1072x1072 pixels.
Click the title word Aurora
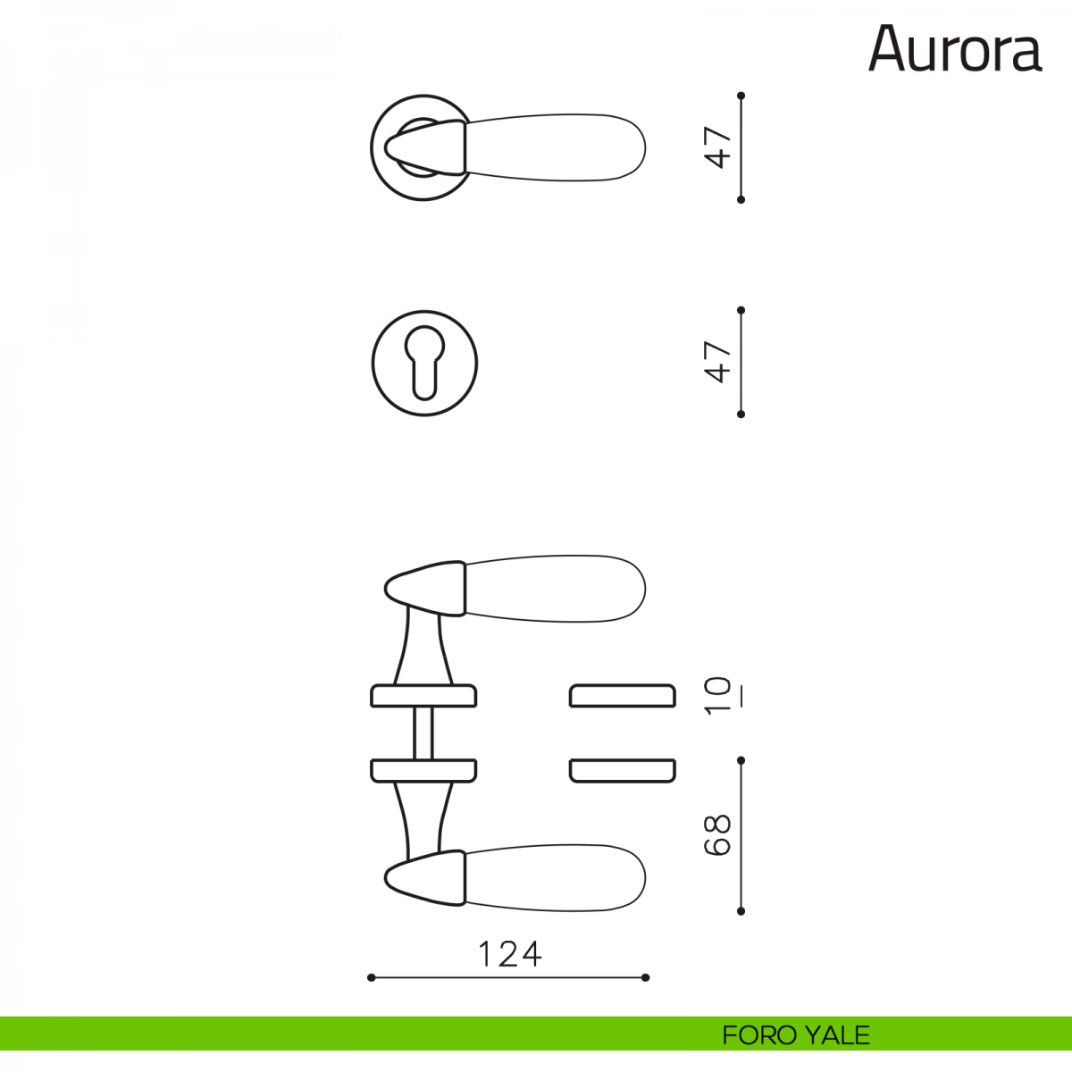(955, 49)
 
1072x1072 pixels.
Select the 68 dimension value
(717, 835)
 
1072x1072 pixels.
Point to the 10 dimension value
(717, 695)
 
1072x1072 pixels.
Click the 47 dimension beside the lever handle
(717, 147)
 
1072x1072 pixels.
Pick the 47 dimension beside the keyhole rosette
(717, 362)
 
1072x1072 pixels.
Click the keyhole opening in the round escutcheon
(424, 363)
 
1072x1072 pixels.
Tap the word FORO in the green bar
(759, 1035)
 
